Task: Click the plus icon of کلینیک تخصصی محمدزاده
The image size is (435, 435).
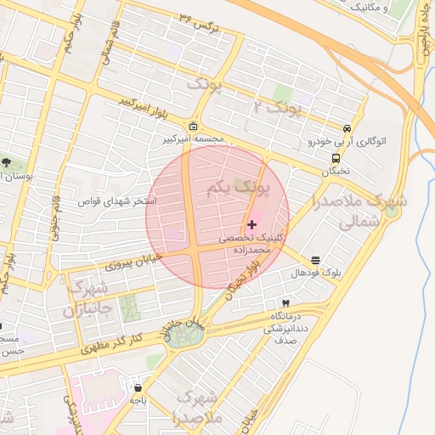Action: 251,224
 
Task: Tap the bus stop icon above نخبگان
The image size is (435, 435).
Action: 337,157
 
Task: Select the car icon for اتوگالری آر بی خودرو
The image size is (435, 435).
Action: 346,128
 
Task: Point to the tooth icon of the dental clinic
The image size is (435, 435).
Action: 285,303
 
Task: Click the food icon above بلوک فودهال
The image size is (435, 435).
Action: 316,260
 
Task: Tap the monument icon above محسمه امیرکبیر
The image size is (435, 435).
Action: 194,125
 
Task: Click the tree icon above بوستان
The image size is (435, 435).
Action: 7,161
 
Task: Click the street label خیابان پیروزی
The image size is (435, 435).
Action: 132,261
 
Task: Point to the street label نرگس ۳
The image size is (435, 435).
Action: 201,22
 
